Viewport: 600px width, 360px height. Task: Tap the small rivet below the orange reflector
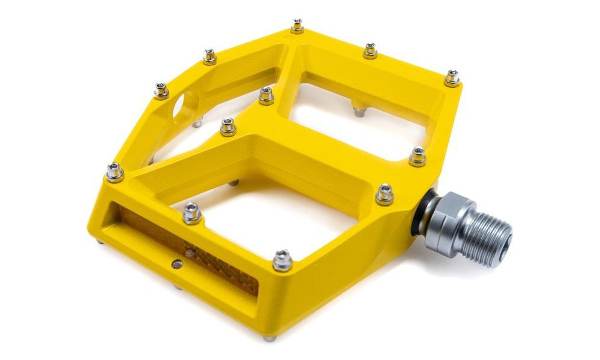coord(176,263)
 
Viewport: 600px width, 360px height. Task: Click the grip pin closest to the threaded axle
coord(385,194)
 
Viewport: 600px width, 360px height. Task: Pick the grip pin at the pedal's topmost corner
coord(297,26)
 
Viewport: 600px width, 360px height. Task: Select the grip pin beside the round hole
coord(161,91)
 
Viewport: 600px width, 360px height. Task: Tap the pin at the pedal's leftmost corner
coord(115,172)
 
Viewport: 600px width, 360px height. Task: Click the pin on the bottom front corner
coord(282,260)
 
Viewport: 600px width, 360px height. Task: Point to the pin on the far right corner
coord(452,78)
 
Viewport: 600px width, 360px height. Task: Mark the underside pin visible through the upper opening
coord(359,110)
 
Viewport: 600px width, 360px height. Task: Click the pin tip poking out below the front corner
coord(268,338)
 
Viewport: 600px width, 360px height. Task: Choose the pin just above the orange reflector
coord(191,213)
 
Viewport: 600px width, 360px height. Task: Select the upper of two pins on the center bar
coord(266,95)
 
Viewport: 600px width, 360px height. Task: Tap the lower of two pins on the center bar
coord(228,127)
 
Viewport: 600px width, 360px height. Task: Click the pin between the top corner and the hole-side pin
coord(209,56)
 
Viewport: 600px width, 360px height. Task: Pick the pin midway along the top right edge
coord(370,50)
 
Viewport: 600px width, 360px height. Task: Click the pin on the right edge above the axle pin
coord(418,156)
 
